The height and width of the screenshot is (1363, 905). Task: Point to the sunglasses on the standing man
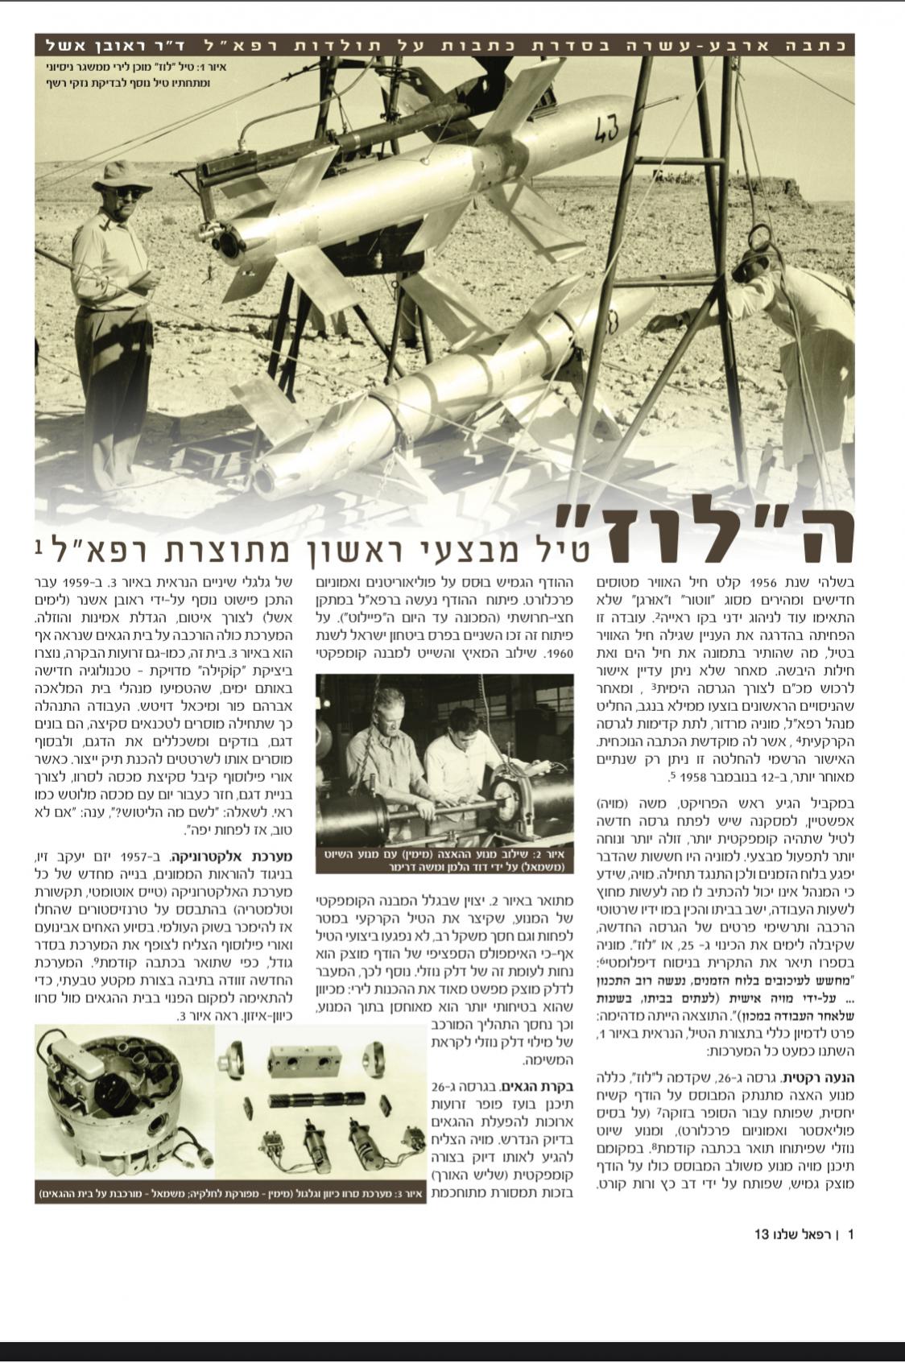pyautogui.click(x=127, y=192)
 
